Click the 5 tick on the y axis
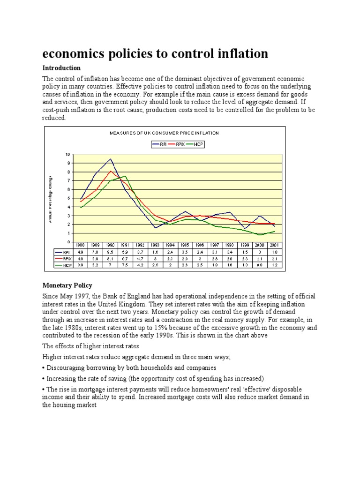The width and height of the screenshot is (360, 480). [x=68, y=198]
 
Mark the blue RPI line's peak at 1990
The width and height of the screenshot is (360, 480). [x=110, y=159]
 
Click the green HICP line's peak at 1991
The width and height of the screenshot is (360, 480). [x=125, y=176]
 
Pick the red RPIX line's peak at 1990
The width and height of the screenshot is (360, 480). [x=110, y=171]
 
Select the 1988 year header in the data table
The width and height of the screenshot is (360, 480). [x=81, y=245]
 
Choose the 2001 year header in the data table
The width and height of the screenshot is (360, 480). [x=274, y=245]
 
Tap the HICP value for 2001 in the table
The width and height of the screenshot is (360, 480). [x=274, y=265]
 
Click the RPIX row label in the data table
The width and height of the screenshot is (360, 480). [x=64, y=258]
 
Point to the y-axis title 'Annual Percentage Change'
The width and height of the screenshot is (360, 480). [x=50, y=199]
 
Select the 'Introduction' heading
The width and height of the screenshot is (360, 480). [x=61, y=68]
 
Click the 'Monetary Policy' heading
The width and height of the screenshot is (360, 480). [x=67, y=285]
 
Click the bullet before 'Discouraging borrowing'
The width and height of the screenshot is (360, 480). [x=44, y=367]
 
